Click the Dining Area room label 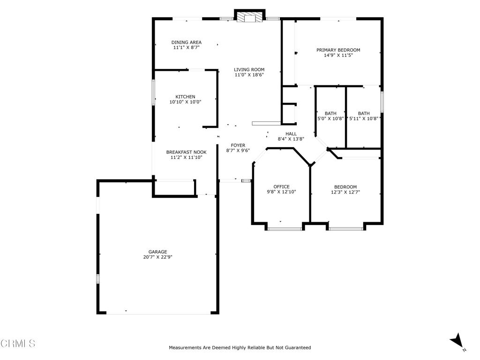(187, 43)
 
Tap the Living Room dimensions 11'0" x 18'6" (249, 75)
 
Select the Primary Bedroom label (338, 50)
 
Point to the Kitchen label (185, 97)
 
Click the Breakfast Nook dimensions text (187, 157)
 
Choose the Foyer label (238, 145)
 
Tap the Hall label (291, 134)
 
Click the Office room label (281, 187)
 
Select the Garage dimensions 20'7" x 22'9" (157, 257)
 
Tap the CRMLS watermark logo (18, 344)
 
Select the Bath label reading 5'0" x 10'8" (330, 116)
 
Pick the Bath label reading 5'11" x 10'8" (364, 116)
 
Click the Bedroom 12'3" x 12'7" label (345, 189)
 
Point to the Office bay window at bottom (285, 229)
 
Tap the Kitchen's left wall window (153, 93)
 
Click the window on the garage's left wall (98, 278)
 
